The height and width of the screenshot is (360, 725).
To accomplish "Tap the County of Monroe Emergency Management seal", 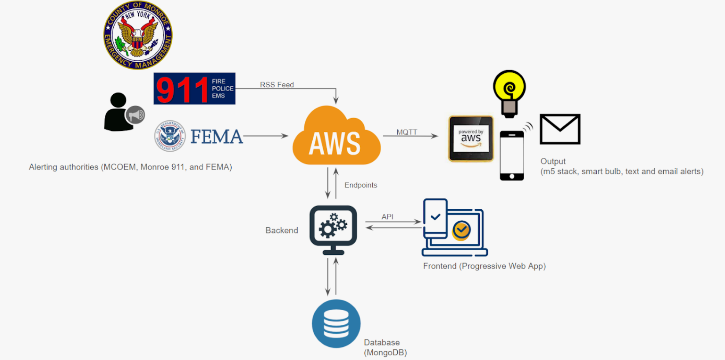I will coord(137,35).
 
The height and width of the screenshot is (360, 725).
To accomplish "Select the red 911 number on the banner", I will coord(182,89).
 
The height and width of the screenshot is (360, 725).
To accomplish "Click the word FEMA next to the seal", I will coord(216,137).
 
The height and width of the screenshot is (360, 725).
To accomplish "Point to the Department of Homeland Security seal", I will coord(170,136).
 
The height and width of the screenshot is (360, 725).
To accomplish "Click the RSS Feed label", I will coord(277,85).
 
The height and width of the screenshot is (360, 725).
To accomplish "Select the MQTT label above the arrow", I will coord(406,132).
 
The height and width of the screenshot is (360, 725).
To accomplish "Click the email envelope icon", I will coord(560,129).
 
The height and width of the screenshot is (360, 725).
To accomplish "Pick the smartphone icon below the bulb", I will coord(512,155).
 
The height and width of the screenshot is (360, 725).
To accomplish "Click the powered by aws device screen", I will coord(471,139).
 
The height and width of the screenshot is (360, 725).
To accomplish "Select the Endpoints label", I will coord(361,185).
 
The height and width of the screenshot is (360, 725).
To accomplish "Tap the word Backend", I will coord(281,230).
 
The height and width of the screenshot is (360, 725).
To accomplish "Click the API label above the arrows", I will coord(387,217).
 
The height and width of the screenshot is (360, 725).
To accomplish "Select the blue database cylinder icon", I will coord(336,323).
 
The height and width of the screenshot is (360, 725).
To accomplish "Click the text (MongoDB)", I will coord(385,353).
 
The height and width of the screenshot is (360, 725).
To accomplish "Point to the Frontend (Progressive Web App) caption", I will coord(484,266).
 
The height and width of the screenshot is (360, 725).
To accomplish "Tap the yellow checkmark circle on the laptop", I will coord(462,230).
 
